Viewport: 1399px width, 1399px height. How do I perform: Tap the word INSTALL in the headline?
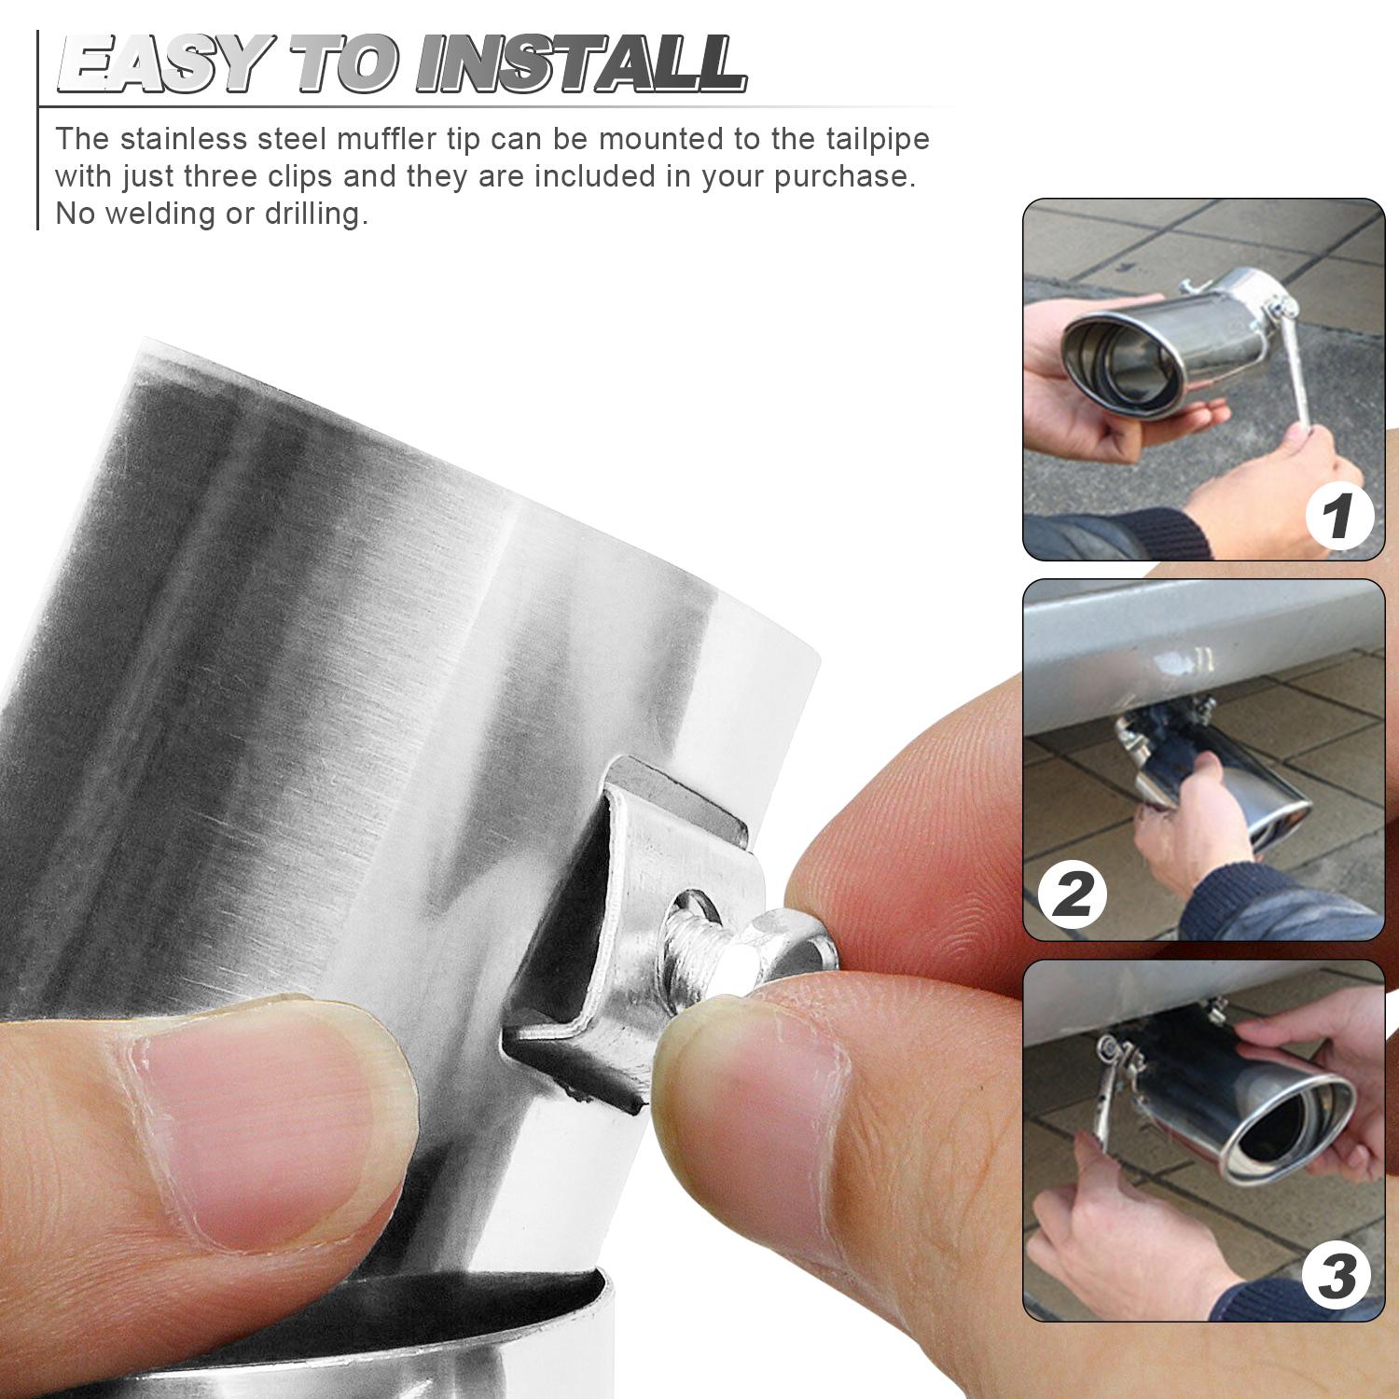(x=581, y=64)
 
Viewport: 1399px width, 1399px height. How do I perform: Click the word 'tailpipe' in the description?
(x=877, y=140)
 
